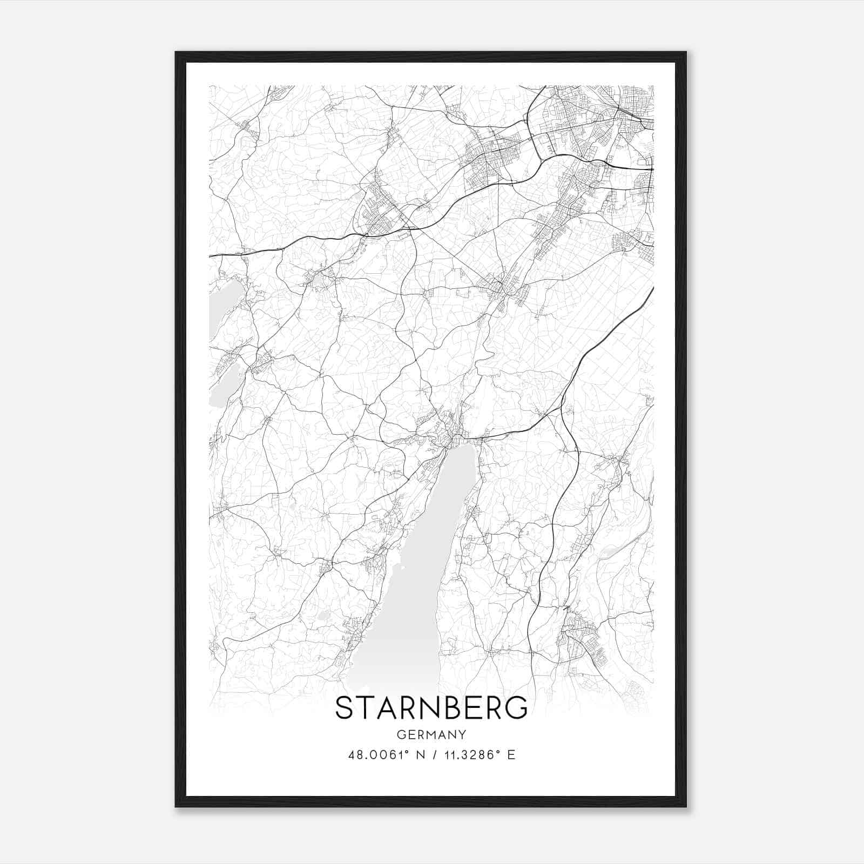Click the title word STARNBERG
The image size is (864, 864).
431,708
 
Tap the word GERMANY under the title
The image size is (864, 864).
431,734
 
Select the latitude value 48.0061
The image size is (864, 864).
376,755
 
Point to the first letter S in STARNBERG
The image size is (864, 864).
344,708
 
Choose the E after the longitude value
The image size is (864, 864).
511,755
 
